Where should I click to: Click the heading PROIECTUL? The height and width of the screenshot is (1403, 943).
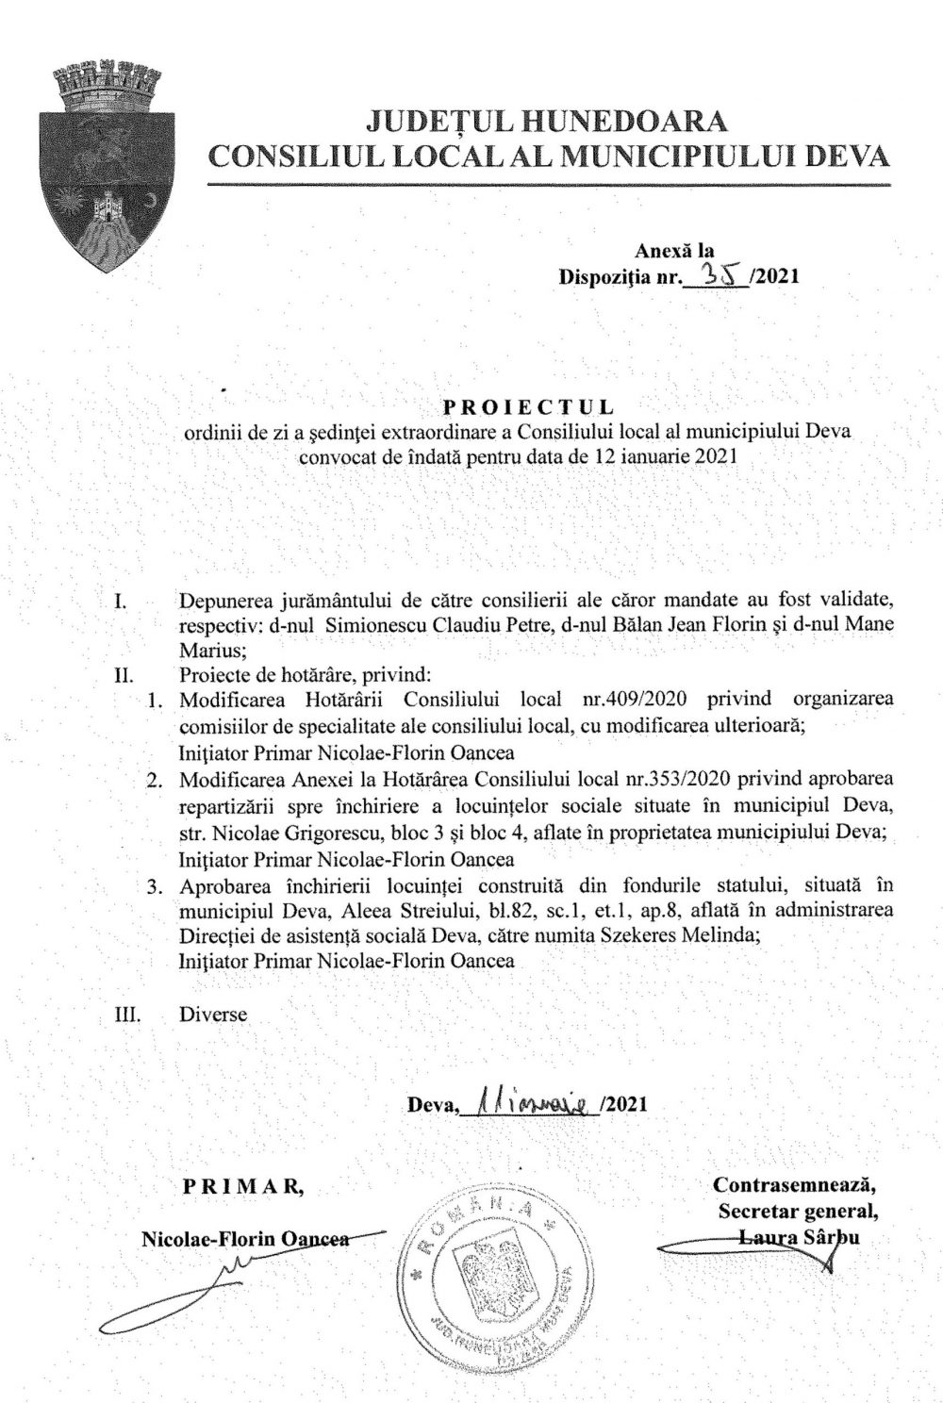point(528,407)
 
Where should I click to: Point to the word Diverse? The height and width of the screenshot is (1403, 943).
point(212,1015)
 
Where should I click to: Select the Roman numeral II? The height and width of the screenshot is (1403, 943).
point(124,675)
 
